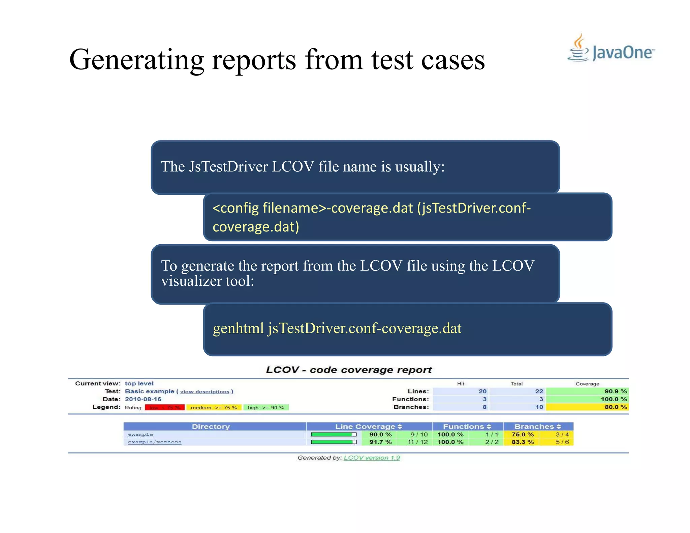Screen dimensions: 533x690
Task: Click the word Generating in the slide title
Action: [136, 60]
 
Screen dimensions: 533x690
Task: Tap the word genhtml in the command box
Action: [238, 328]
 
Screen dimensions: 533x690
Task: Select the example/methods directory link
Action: [155, 442]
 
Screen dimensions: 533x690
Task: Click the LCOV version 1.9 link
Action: [372, 458]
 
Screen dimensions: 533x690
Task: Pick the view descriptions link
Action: [205, 391]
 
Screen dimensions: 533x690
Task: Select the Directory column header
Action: [211, 427]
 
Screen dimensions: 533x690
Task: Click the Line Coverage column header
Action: [369, 427]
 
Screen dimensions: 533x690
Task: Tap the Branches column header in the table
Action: [537, 427]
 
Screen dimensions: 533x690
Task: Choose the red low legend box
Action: [165, 408]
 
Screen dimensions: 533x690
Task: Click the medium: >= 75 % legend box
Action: [214, 408]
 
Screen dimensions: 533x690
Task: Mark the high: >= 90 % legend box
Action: [266, 408]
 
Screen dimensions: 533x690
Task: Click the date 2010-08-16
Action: [143, 399]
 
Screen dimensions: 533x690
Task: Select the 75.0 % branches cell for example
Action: [523, 435]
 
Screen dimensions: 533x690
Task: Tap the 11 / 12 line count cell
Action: [417, 442]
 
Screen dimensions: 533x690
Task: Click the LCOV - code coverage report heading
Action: [349, 370]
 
